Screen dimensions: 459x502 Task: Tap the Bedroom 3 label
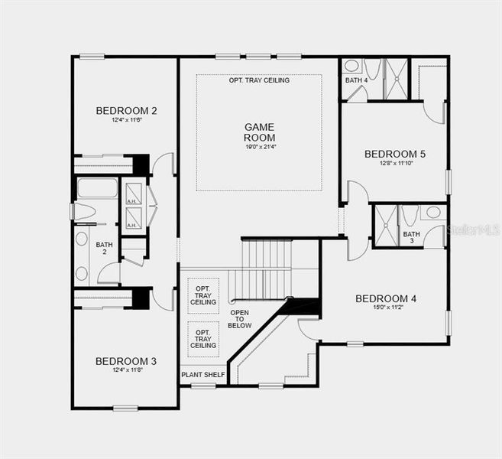(x=126, y=361)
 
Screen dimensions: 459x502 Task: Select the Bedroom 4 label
(x=386, y=298)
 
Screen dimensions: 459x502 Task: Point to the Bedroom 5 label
(x=395, y=154)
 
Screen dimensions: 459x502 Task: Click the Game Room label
(x=259, y=132)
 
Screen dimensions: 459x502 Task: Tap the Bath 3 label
(x=412, y=238)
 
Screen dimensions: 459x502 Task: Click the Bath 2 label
(x=105, y=249)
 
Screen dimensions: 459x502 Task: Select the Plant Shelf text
(x=203, y=376)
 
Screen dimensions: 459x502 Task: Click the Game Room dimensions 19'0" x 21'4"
(x=260, y=147)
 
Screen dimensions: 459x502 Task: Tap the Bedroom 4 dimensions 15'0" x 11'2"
(x=386, y=309)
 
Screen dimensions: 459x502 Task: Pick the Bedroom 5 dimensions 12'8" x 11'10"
(x=395, y=164)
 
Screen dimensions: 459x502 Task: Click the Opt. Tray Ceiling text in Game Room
(x=259, y=80)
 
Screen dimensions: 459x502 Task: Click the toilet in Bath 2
(x=83, y=211)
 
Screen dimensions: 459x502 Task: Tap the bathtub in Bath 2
(x=97, y=188)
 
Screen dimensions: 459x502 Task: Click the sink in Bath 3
(x=433, y=213)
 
